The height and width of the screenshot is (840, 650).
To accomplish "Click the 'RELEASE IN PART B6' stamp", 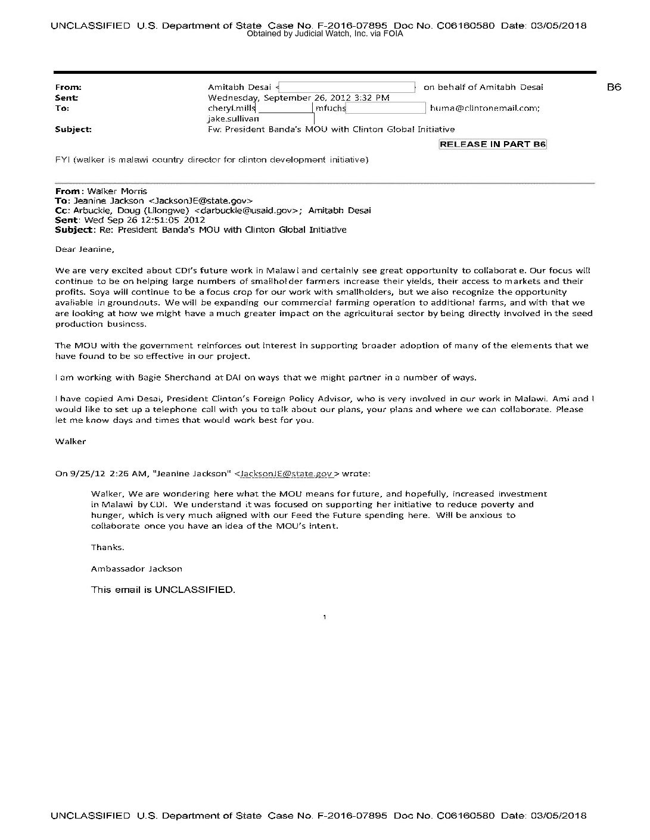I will point(493,144).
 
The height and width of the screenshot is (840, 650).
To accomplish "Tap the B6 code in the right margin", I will point(614,87).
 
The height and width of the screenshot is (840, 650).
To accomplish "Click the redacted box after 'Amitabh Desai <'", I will point(347,87).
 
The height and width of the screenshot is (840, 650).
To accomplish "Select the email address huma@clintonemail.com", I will point(484,108).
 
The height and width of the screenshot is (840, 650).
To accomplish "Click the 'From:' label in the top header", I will point(68,87).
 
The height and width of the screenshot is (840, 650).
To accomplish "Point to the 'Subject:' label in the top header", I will point(73,129).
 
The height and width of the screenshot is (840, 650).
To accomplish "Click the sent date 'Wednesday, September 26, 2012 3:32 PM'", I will point(298,98).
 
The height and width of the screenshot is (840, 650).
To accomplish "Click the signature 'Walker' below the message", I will point(70,441).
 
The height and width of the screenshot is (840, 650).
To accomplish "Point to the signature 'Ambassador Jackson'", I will point(136,569).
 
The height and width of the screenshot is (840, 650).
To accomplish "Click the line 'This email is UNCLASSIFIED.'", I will point(163,590).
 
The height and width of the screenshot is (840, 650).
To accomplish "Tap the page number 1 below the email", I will point(324,617).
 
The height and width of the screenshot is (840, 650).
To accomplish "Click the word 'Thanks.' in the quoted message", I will point(107,547).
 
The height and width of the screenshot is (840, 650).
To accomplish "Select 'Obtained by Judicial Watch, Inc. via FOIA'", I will point(325,34).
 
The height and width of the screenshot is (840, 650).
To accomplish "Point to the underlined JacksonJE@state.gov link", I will point(287,474).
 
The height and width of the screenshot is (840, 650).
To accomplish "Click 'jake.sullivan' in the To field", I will point(233,118).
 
